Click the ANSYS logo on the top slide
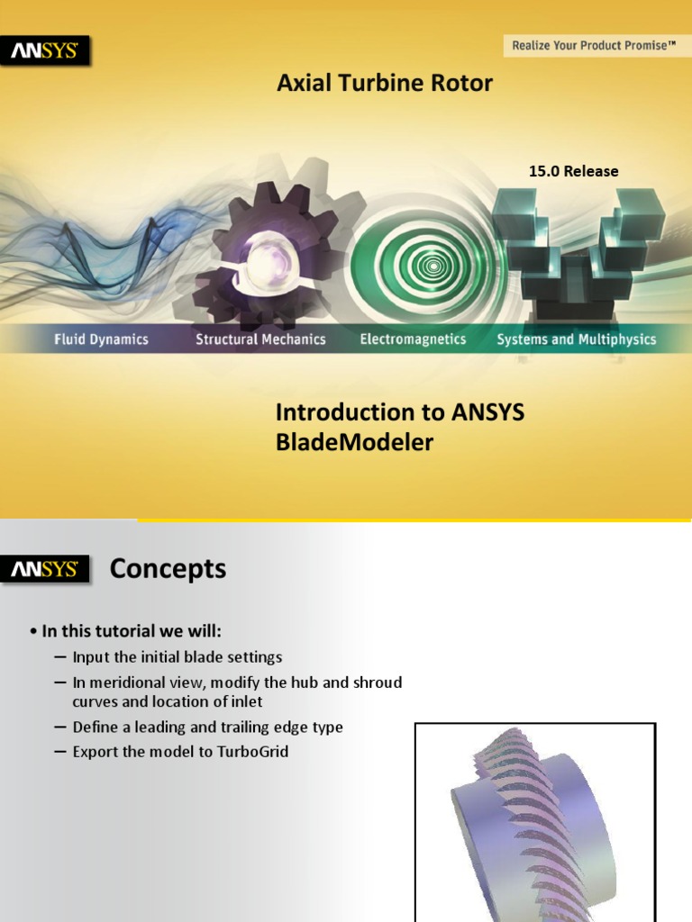(45, 50)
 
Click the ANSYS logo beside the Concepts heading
(45, 570)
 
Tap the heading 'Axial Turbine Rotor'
(385, 84)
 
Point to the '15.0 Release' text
(573, 171)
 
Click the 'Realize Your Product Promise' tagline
(593, 44)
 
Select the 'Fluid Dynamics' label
(101, 339)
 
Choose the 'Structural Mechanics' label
(260, 339)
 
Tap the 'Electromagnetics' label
(413, 339)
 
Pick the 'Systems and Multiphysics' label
(576, 339)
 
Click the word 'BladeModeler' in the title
(354, 442)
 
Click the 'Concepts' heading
(168, 569)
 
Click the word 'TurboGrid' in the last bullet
(252, 751)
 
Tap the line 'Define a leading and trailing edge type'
(207, 727)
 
